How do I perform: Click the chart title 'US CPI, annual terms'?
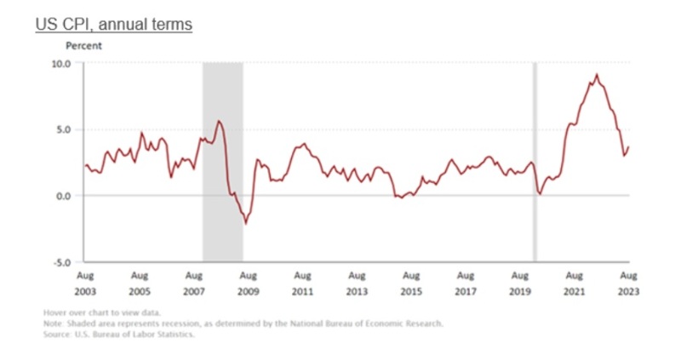(113, 24)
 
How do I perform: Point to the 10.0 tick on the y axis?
(64, 64)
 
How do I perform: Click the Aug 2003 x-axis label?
(84, 283)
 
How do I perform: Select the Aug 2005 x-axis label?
(139, 283)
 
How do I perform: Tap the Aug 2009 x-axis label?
(248, 283)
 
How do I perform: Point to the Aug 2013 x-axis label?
(356, 283)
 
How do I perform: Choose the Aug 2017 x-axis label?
(465, 283)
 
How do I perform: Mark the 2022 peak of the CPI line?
(597, 75)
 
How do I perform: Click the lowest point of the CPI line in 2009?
(246, 223)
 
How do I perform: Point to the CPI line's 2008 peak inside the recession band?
(219, 121)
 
